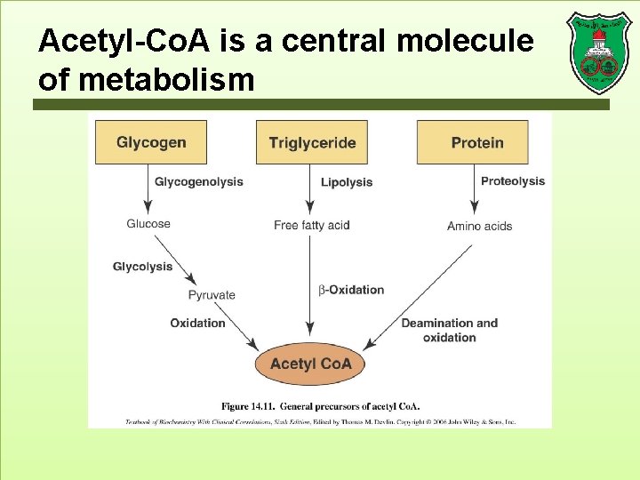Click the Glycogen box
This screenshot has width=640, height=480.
coord(151,142)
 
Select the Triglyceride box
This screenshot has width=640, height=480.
coord(312,142)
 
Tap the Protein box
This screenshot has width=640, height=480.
coord(476,142)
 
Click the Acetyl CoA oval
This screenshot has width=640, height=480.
coord(310,364)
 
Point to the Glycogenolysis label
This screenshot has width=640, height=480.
coord(198,182)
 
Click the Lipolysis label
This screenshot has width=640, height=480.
coord(346,182)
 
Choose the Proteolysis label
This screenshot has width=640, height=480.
coord(513,181)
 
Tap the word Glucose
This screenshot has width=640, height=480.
coord(148,224)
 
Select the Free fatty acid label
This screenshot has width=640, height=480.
coord(312,226)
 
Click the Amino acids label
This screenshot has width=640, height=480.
coord(479,227)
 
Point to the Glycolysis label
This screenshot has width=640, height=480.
coord(142,267)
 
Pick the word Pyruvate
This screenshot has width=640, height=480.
coord(212,295)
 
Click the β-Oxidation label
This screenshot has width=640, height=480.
coord(351,290)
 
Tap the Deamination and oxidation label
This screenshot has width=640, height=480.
coord(449,330)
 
